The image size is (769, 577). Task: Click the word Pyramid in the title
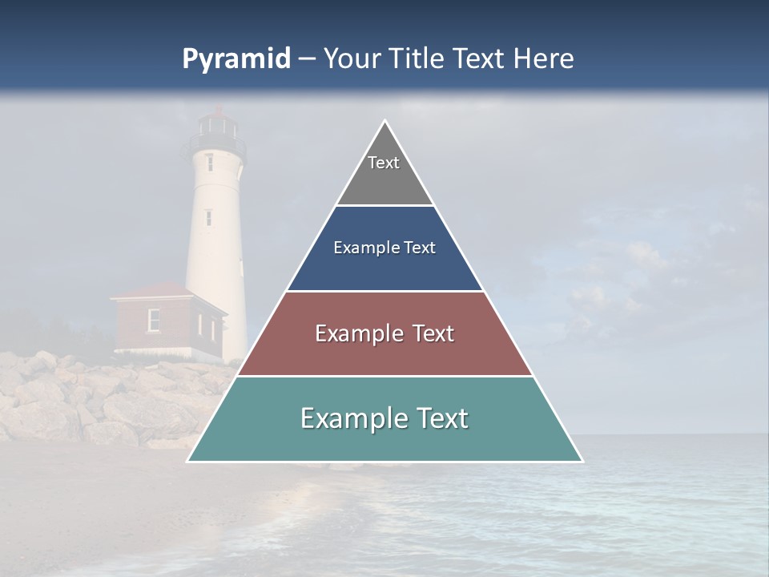[236, 59]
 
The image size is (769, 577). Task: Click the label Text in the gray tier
[384, 163]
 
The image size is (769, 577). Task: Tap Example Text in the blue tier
[384, 248]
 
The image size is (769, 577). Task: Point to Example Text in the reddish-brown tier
[384, 333]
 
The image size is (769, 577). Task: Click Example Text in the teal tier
[384, 418]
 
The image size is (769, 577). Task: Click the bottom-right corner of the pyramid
[581, 461]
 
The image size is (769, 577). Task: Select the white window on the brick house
[154, 319]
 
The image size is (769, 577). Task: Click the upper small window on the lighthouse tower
[210, 162]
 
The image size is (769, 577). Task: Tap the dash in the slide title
[307, 59]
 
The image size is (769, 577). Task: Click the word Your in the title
[353, 59]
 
